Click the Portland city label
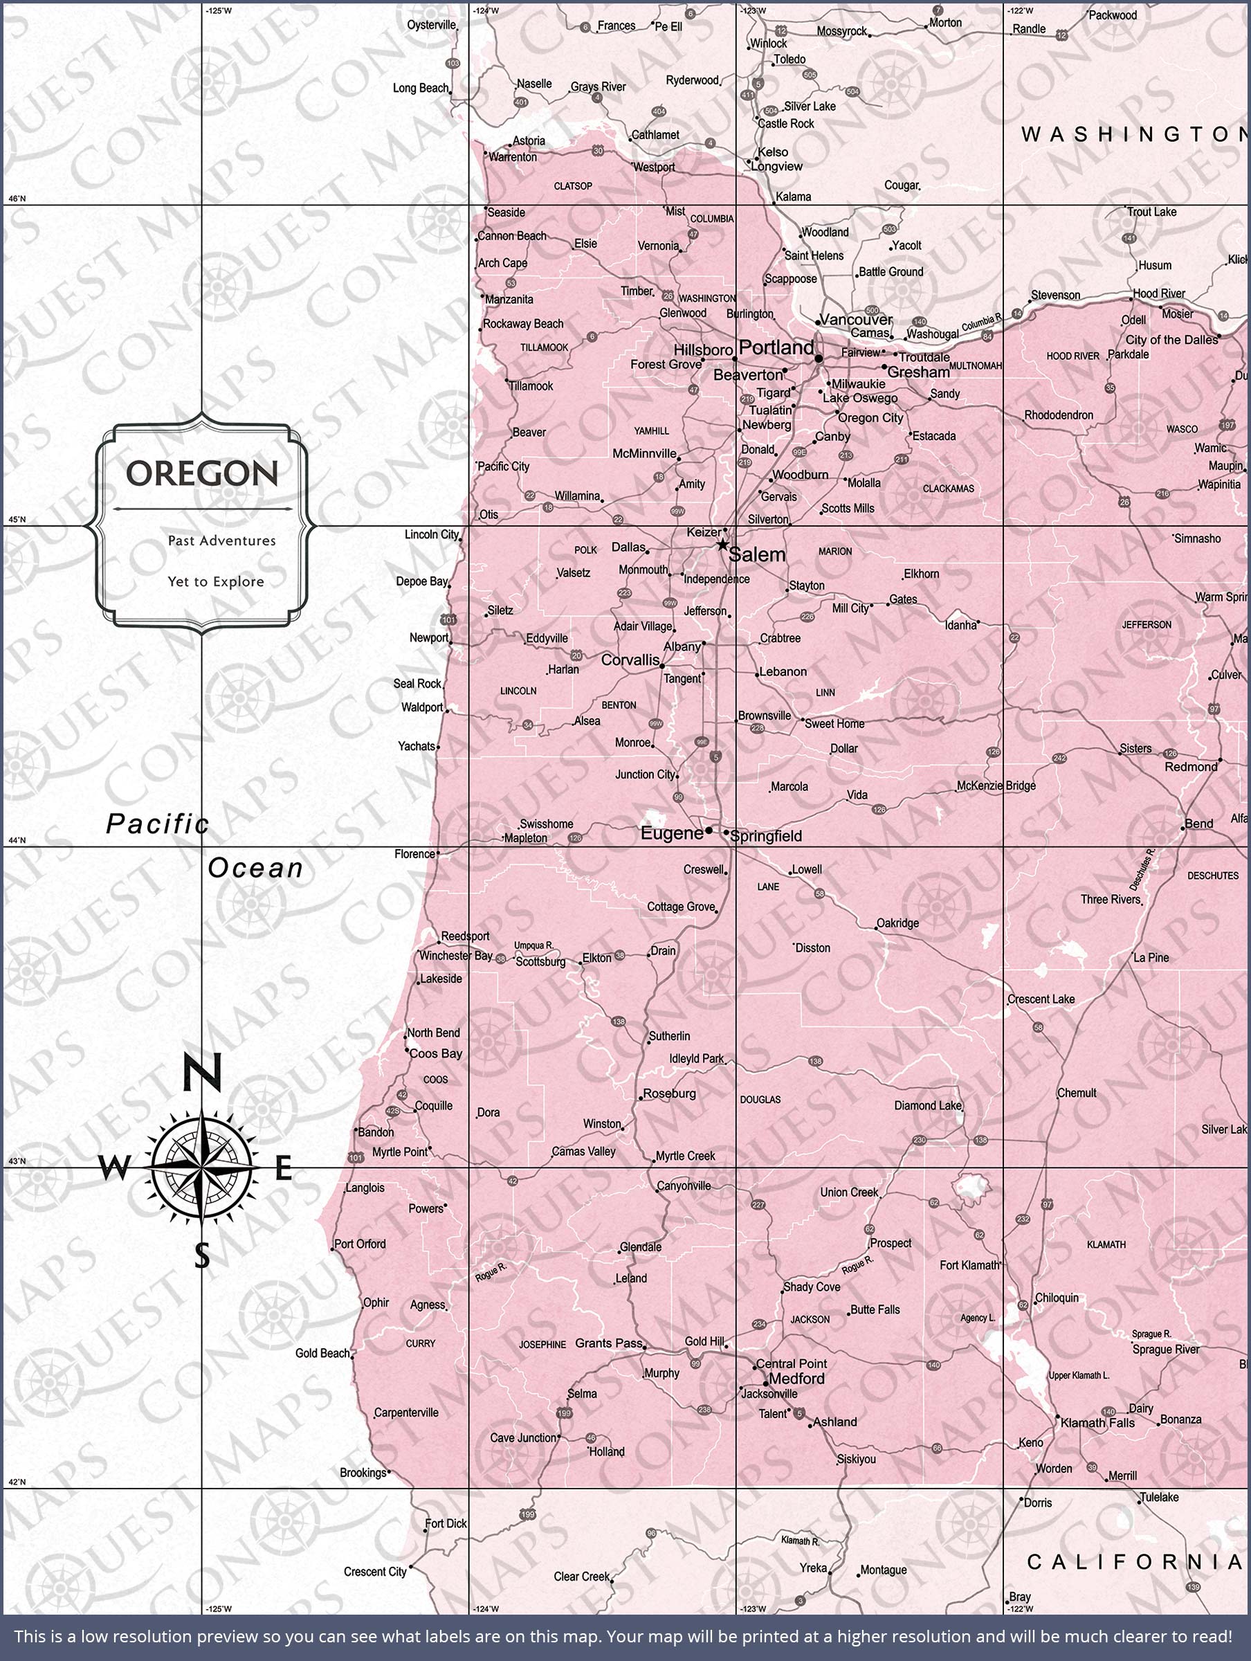776,347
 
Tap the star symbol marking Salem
722,545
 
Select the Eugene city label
671,833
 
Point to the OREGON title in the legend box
202,473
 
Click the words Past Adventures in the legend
221,541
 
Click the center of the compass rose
201,1168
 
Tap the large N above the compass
202,1071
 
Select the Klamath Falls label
1098,1422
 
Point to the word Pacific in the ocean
157,824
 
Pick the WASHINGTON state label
1134,134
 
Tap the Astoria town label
529,141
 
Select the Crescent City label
375,1572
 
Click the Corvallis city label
630,660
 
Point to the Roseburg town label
669,1094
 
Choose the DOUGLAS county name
760,1099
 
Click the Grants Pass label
608,1343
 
